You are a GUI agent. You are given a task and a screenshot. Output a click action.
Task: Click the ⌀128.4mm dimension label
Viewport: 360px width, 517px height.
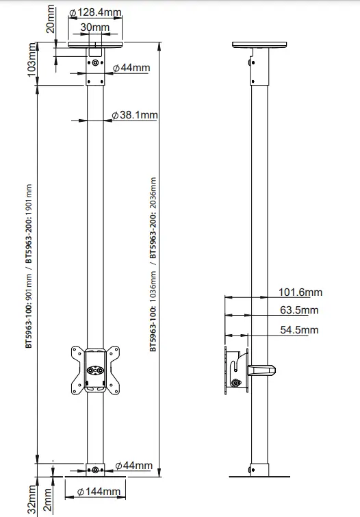[96, 13]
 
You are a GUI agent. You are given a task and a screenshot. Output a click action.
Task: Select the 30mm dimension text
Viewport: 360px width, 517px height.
[95, 27]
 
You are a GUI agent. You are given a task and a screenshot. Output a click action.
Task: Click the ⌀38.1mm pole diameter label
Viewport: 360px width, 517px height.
[135, 116]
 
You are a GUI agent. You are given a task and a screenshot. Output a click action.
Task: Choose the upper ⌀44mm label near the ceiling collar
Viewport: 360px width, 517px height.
[131, 68]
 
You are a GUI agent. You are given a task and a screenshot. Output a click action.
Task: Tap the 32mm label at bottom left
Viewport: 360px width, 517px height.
[31, 499]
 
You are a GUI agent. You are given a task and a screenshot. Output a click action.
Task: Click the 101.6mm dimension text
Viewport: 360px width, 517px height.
[300, 292]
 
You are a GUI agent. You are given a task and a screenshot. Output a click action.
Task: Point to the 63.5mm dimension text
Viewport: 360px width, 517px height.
[300, 310]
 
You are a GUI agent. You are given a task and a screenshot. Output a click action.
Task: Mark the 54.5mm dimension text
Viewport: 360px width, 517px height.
[300, 330]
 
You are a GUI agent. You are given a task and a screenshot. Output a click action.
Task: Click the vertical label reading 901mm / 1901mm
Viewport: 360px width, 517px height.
[28, 266]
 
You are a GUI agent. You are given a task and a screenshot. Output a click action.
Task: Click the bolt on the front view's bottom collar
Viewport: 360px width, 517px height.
[94, 470]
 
